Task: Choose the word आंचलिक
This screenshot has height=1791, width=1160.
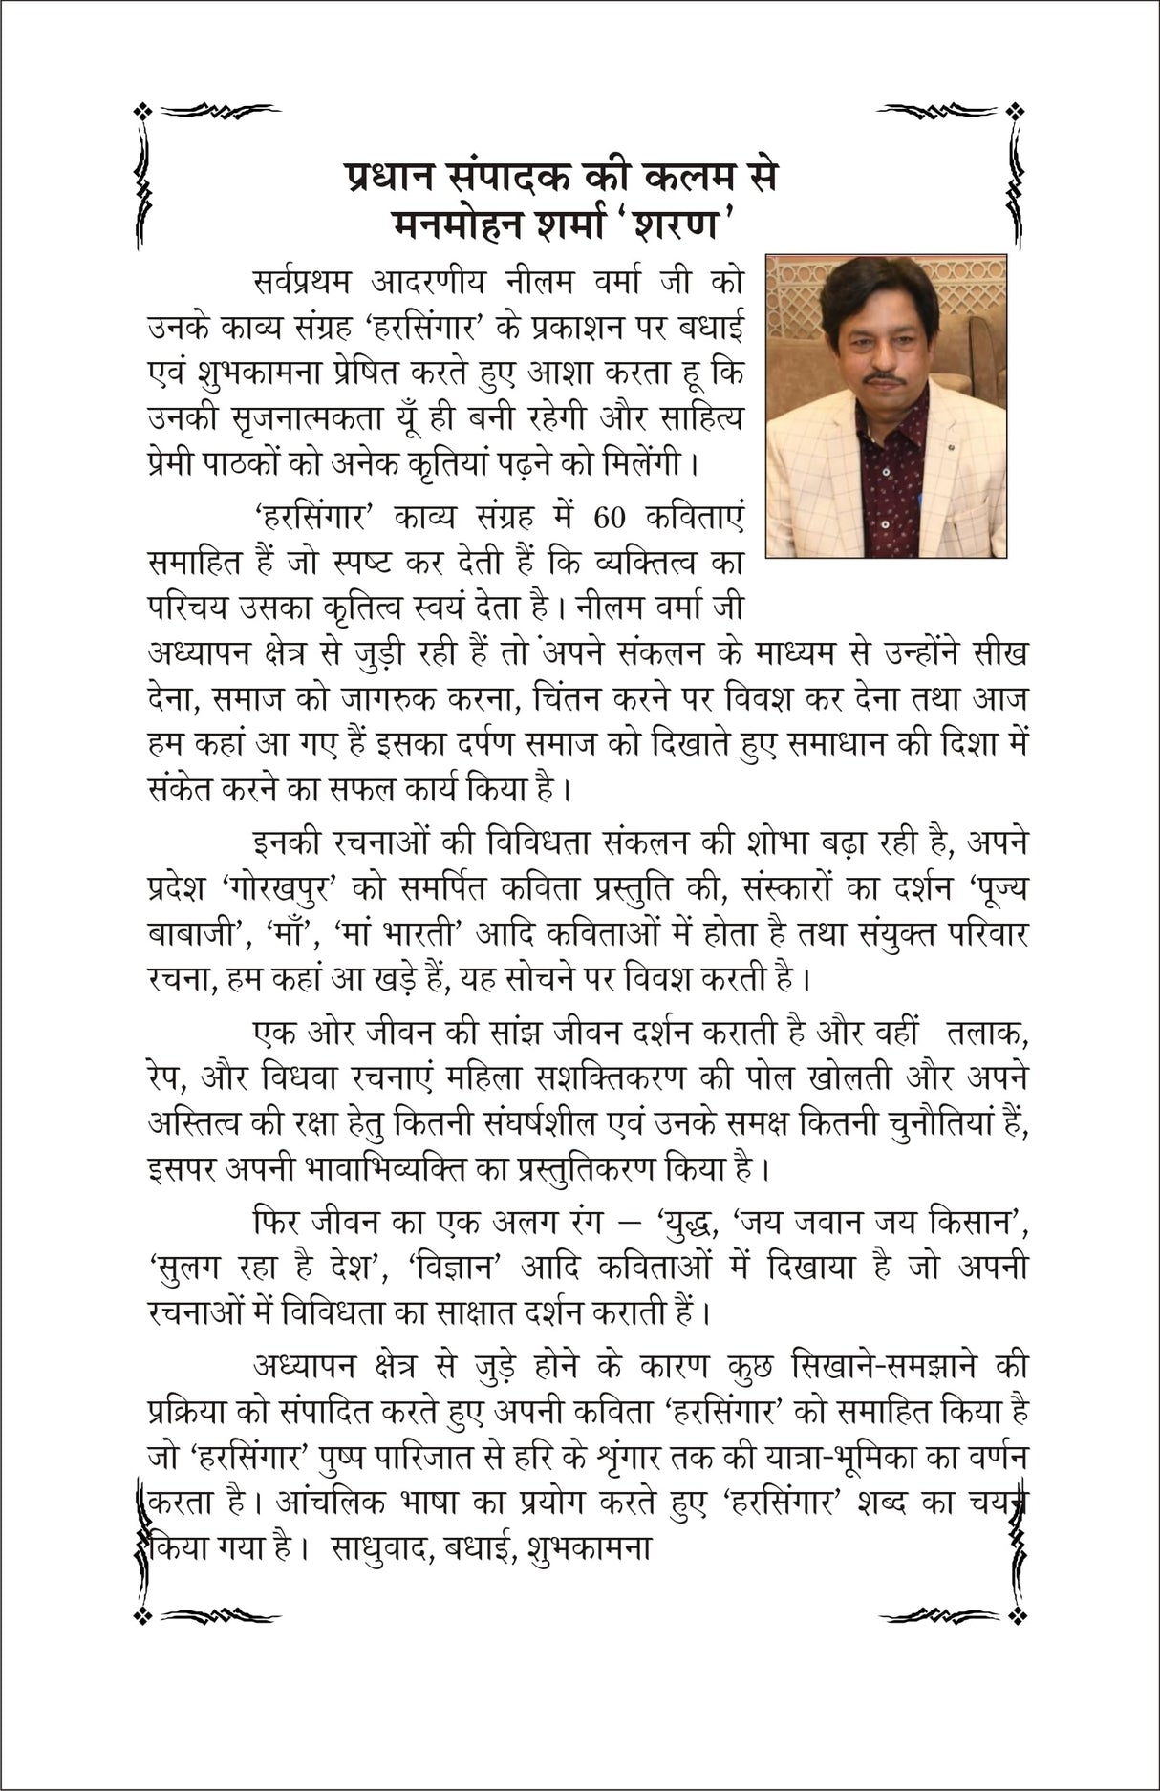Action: coord(323,1501)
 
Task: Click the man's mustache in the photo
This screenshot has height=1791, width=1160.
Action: coord(880,376)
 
